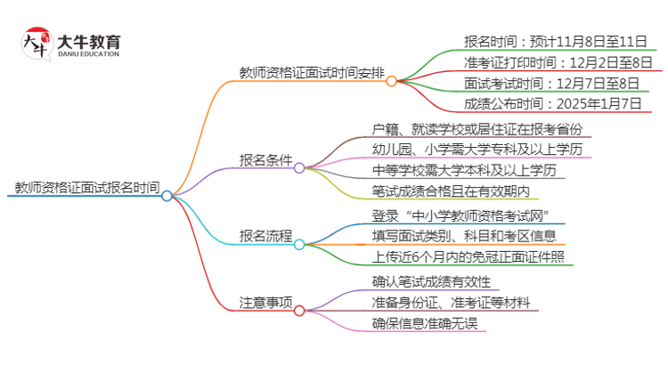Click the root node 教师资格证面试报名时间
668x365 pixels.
87,188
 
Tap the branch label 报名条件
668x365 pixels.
265,160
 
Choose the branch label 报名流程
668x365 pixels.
265,236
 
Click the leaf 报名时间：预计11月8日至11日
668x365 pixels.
550,41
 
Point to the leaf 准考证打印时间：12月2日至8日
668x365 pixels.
558,62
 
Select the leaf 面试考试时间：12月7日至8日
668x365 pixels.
544,84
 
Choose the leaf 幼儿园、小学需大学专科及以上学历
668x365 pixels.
480,150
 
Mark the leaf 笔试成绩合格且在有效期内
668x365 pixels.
455,191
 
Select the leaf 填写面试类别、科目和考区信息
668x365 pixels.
464,237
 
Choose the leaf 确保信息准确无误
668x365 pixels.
424,323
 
